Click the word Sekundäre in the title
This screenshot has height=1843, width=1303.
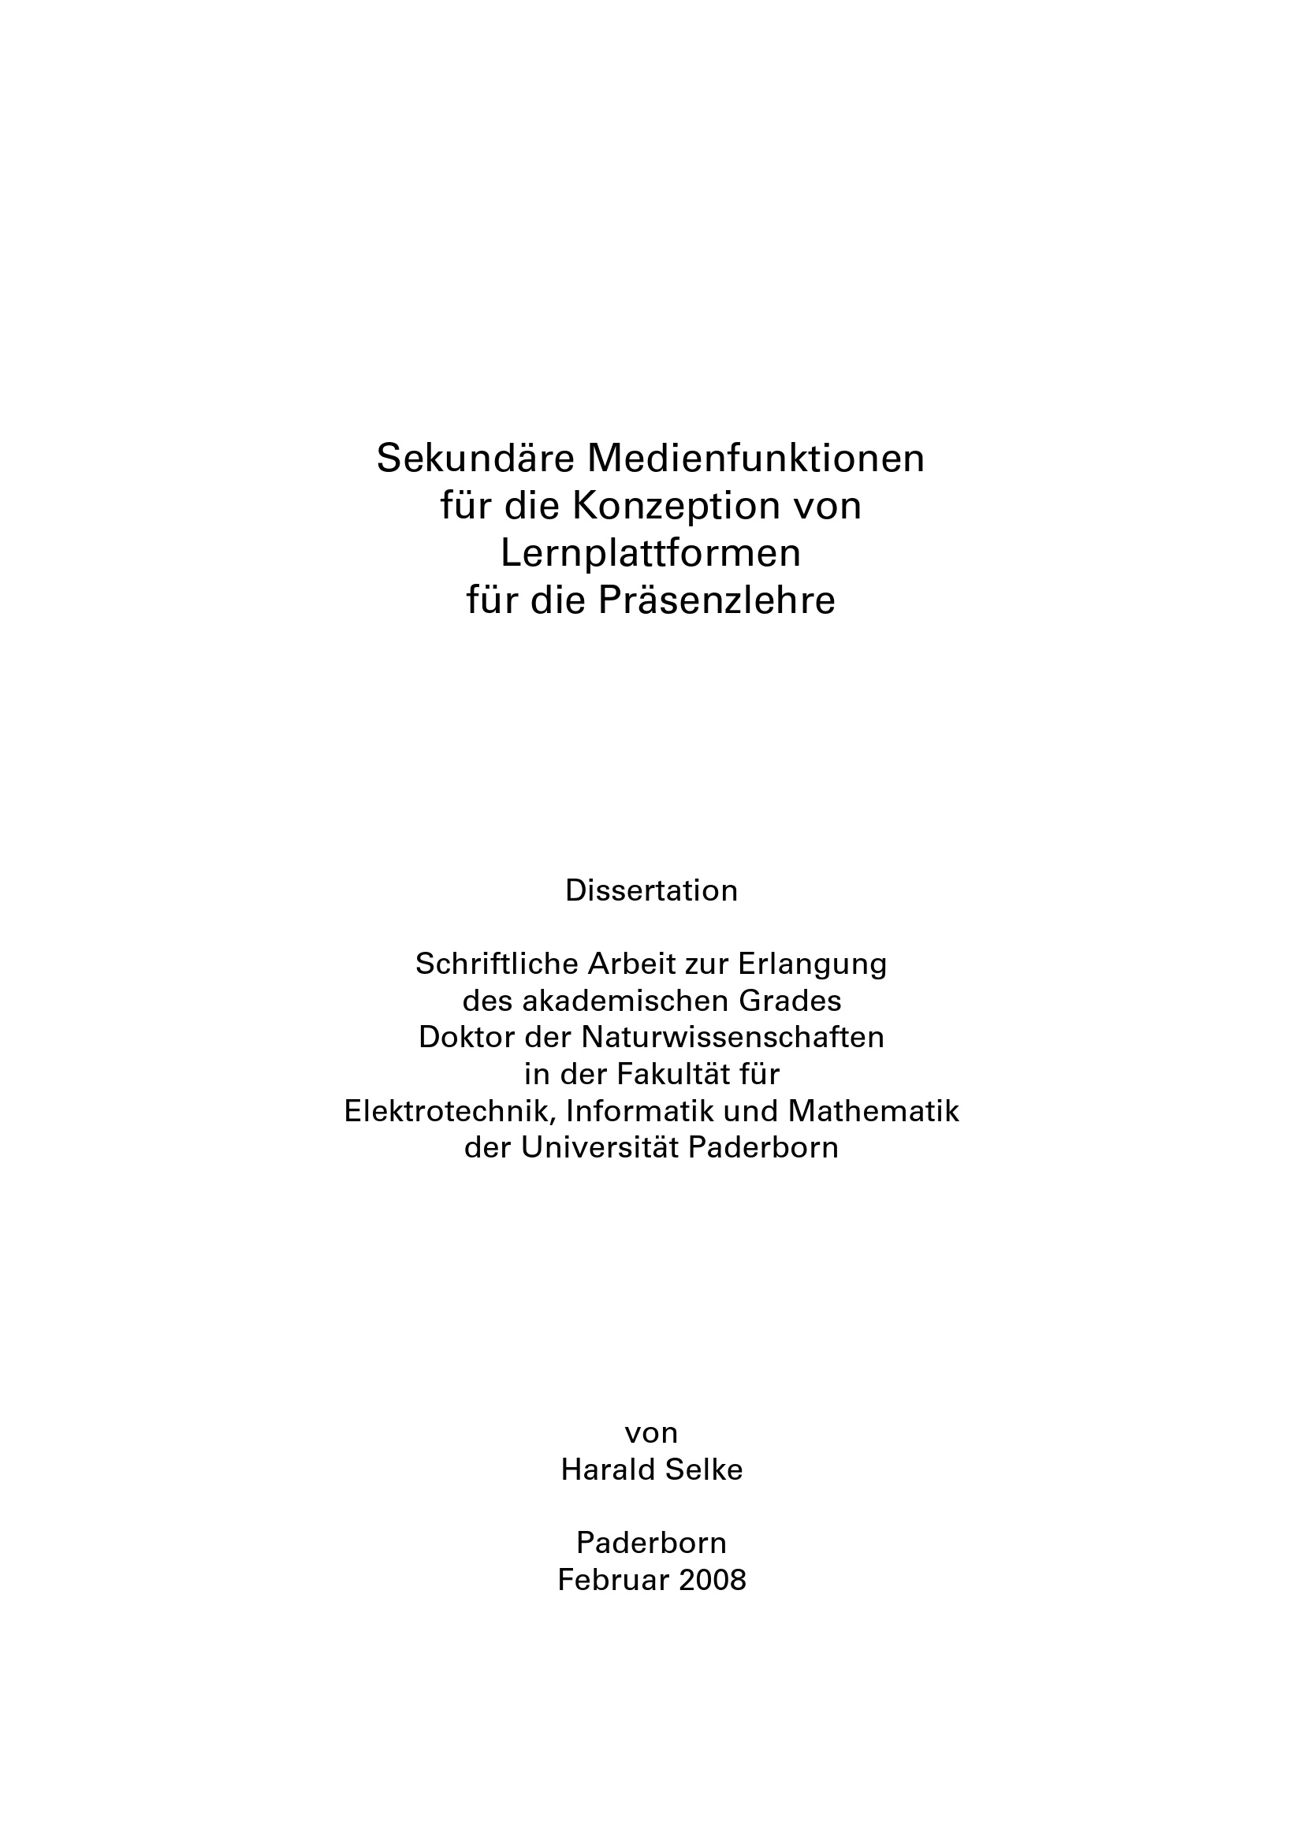click(x=475, y=459)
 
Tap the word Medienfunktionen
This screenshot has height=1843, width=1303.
click(x=756, y=459)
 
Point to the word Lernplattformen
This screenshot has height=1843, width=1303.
click(x=651, y=553)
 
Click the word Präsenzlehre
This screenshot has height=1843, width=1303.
click(x=716, y=600)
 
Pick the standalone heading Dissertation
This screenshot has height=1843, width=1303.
click(x=651, y=891)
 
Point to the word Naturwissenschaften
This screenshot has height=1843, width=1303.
click(x=732, y=1038)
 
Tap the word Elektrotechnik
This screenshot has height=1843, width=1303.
click(x=451, y=1112)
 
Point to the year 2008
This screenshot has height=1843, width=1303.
click(x=712, y=1580)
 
